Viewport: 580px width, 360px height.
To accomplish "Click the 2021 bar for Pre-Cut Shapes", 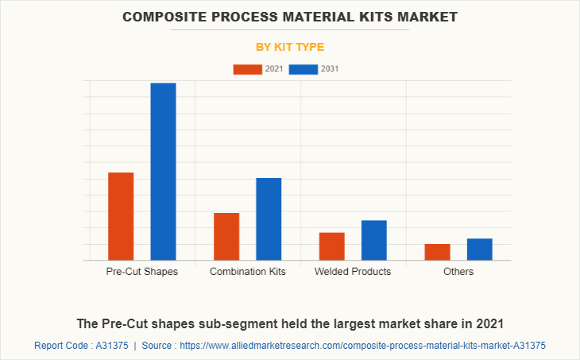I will [121, 216].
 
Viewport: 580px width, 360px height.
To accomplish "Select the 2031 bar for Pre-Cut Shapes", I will [163, 172].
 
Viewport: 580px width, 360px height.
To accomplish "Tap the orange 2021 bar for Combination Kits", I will [226, 236].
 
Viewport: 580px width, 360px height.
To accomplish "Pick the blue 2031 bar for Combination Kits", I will [269, 219].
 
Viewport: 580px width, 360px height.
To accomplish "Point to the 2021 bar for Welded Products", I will [331, 246].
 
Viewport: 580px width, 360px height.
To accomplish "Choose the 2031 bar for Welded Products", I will [373, 240].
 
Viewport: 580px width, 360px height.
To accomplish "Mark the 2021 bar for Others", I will [437, 251].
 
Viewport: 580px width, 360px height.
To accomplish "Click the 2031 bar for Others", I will [479, 249].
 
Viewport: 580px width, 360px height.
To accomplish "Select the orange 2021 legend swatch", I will [247, 69].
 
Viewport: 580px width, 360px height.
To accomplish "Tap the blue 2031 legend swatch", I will [304, 69].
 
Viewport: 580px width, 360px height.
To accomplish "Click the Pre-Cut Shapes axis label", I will [142, 272].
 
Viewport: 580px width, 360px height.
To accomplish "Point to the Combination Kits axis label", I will [248, 272].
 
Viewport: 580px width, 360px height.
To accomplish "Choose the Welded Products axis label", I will [353, 272].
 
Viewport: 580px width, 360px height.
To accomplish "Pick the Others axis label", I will [458, 272].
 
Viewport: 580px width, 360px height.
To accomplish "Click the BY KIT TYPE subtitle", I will [290, 47].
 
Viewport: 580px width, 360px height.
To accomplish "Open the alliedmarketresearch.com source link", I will [362, 346].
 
